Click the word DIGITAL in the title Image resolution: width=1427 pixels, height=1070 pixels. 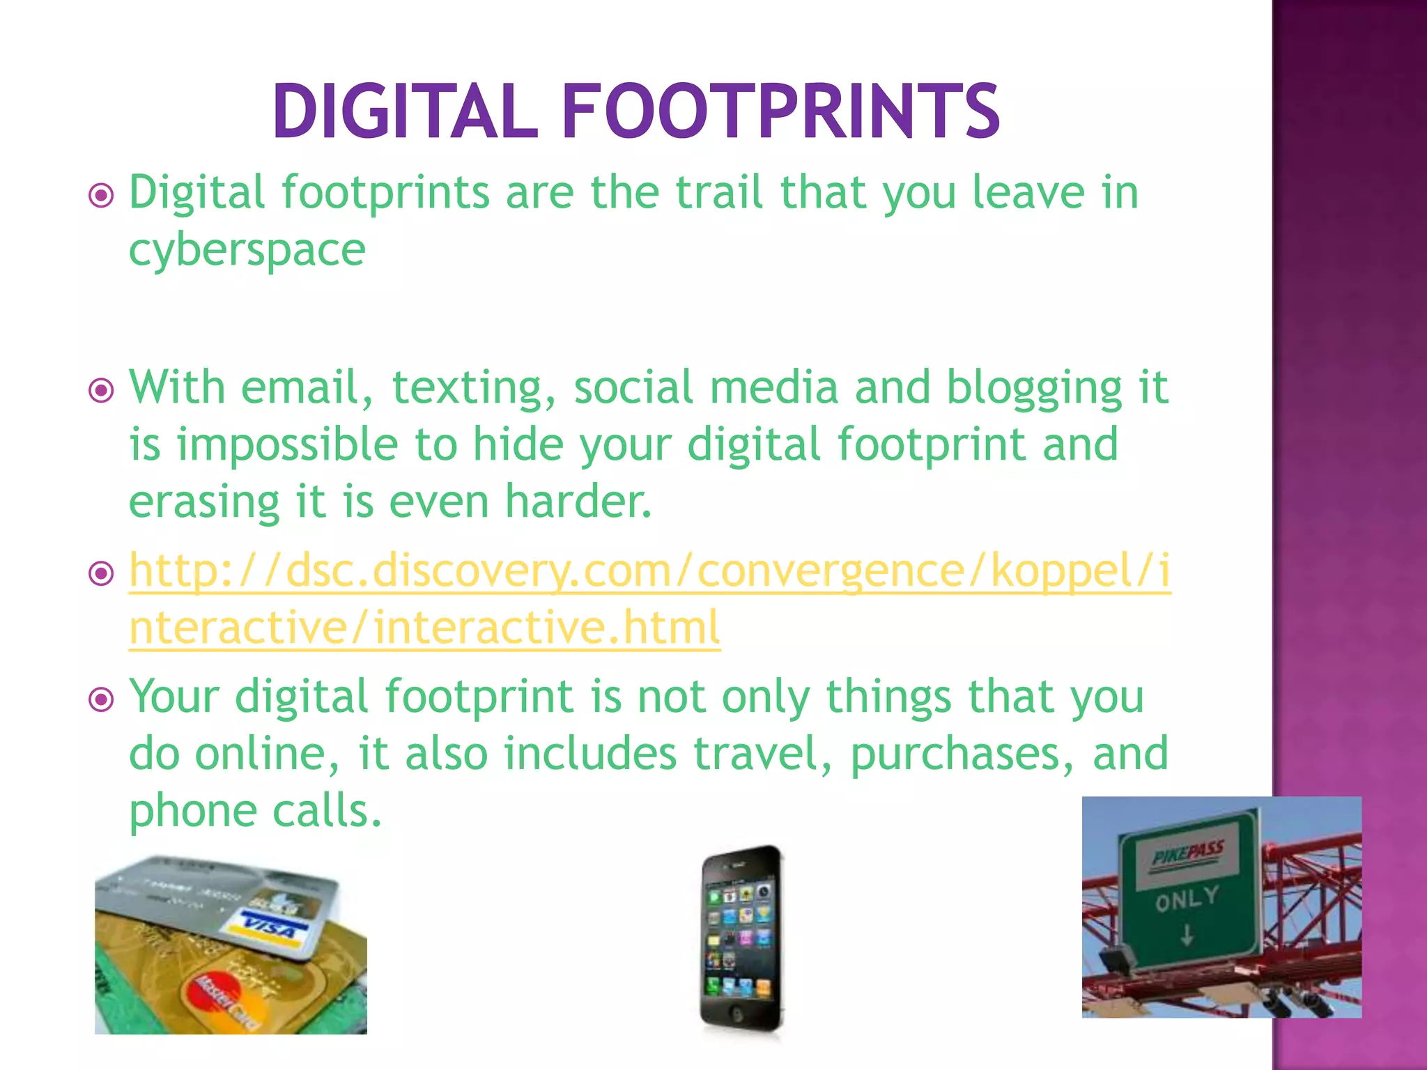click(x=405, y=111)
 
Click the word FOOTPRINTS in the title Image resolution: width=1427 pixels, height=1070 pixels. click(x=780, y=111)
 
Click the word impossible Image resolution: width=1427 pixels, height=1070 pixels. click(x=286, y=446)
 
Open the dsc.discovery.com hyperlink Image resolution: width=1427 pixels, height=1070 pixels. click(x=648, y=571)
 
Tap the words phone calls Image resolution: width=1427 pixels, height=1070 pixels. click(x=256, y=812)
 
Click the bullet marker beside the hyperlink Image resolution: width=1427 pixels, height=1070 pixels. click(x=102, y=574)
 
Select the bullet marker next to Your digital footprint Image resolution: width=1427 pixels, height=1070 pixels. click(x=102, y=699)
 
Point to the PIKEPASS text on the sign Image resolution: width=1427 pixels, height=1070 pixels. click(x=1187, y=853)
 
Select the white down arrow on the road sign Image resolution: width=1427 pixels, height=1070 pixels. click(x=1187, y=936)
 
